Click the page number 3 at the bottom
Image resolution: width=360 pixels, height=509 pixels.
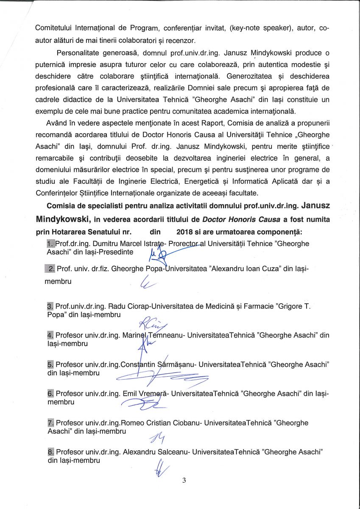point(184,480)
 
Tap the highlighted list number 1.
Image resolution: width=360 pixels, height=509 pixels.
point(50,244)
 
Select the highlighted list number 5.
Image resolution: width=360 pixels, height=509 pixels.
point(50,364)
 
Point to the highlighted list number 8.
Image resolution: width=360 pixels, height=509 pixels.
point(50,452)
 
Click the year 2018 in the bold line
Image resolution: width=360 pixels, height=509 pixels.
point(185,232)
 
